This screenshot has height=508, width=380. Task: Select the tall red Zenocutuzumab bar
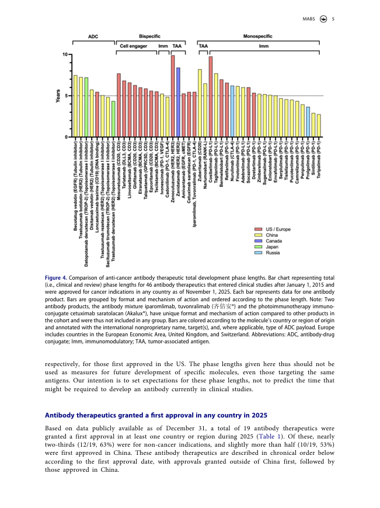[173, 96]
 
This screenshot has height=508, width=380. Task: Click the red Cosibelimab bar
[211, 96]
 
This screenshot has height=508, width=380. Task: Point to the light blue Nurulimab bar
[232, 111]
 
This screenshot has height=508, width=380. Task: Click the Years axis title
[57, 96]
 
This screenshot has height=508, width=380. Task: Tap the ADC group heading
[93, 36]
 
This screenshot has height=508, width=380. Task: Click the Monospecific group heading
[257, 36]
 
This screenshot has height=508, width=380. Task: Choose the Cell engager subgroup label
[134, 45]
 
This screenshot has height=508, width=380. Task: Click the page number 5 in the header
[333, 19]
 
